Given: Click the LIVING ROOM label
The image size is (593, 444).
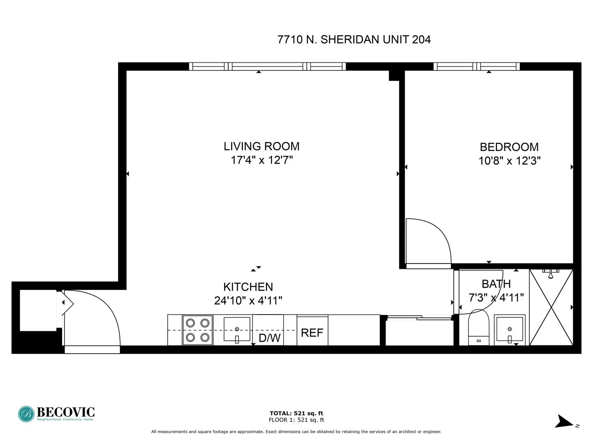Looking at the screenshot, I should [261, 146].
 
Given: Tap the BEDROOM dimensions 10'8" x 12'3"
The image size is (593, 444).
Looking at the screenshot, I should [509, 161].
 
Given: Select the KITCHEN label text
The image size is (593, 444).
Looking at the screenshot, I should [248, 287].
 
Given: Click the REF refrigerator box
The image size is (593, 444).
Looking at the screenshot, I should [312, 332].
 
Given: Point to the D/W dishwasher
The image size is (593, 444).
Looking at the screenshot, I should [269, 337].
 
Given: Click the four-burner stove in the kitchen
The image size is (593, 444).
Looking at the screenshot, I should [198, 330].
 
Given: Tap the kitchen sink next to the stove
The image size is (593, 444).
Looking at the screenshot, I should [237, 329].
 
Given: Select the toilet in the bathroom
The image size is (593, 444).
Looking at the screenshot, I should [479, 328].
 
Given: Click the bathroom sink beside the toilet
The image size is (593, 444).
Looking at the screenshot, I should [510, 329].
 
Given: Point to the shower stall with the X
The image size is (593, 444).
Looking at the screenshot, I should [551, 308].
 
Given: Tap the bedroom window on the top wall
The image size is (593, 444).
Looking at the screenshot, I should [476, 67].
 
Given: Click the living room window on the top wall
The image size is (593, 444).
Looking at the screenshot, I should [267, 67].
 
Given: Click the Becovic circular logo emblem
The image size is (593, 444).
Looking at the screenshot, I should [26, 414].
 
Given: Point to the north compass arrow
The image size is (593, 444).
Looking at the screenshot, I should [563, 422].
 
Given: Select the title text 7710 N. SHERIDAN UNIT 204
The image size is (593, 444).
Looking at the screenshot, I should [354, 39].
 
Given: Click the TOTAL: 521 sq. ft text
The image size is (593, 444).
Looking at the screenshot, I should [296, 413].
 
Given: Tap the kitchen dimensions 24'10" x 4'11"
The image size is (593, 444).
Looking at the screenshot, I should [248, 301].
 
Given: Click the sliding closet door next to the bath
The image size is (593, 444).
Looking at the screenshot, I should [419, 317].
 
